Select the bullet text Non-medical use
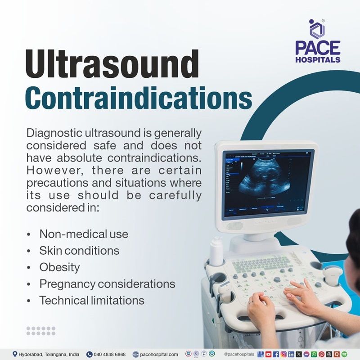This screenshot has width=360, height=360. pyautogui.click(x=84, y=234)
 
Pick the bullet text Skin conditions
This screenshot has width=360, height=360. pyautogui.click(x=79, y=250)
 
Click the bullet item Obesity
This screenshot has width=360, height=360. pyautogui.click(x=59, y=267)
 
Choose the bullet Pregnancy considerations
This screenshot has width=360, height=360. pyautogui.click(x=107, y=283)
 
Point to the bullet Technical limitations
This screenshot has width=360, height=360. pyautogui.click(x=92, y=300)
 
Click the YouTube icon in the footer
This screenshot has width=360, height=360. pyautogui.click(x=268, y=354)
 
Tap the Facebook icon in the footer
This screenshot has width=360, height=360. pyautogui.click(x=276, y=354)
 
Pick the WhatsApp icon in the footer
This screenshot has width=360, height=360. pyautogui.click(x=314, y=354)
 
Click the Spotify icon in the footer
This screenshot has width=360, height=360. pyautogui.click(x=344, y=354)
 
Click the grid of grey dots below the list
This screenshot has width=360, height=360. pyautogui.click(x=40, y=331)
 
